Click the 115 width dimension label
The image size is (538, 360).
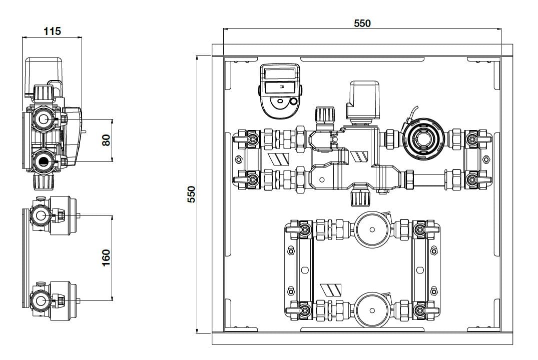point(52,31)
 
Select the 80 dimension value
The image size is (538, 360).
point(106,140)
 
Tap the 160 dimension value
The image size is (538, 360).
point(106,258)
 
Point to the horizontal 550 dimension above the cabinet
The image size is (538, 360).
point(362,23)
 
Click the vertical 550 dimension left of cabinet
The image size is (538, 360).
point(191,194)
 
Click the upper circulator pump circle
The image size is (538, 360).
point(372,230)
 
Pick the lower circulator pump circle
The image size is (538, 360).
point(372,310)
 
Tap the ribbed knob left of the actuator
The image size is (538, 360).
point(323,114)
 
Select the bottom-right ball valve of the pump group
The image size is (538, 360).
point(419,310)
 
